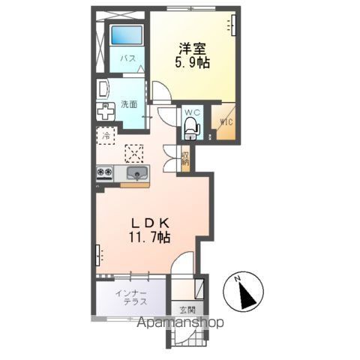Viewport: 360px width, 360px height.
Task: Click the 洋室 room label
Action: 193,49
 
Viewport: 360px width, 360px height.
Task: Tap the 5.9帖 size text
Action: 192,62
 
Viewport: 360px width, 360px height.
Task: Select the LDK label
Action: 151,223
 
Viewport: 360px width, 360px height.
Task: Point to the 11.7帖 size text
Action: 149,237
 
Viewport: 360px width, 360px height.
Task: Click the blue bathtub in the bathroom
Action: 127,35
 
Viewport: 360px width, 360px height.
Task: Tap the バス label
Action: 128,58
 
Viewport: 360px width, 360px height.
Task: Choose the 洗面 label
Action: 129,104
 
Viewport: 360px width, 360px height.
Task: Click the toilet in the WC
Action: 191,127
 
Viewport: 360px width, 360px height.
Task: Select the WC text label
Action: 192,112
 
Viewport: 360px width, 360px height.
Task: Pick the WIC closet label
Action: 226,122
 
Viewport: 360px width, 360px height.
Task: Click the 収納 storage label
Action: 185,158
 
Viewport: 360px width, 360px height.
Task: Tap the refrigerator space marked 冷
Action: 106,136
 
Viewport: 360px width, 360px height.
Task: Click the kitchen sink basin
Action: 137,173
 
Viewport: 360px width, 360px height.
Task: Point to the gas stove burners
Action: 104,172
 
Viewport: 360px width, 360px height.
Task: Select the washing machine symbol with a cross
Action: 106,112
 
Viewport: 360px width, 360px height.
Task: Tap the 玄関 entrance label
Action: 187,310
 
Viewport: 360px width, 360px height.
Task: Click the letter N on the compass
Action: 237,278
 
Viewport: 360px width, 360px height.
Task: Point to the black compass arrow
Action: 247,295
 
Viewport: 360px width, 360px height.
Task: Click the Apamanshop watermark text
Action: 180,322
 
